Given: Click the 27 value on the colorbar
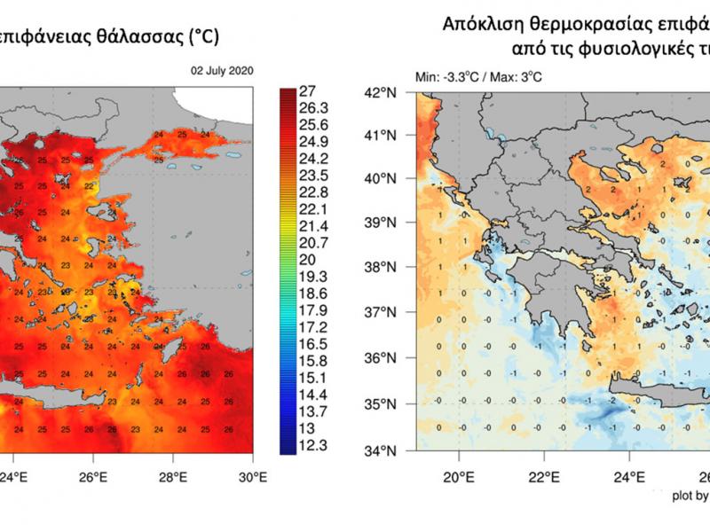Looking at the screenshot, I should (x=311, y=91).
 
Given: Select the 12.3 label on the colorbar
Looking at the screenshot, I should (x=316, y=446).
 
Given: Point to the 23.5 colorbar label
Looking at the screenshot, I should (x=316, y=176).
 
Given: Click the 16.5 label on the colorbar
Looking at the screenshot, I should (x=316, y=344).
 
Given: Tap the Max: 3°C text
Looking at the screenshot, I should (x=519, y=77).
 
